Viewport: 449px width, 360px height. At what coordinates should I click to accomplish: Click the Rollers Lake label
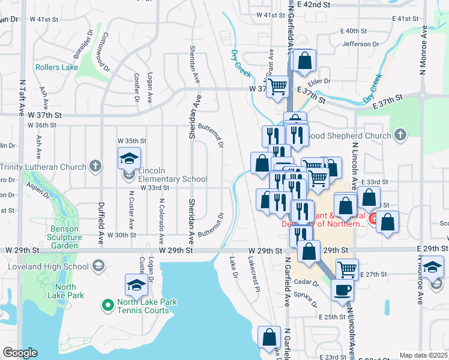coord(56,67)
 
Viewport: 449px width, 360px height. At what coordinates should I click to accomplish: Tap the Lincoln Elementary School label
coord(173,179)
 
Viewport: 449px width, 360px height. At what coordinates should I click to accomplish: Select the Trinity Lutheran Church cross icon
coord(95,165)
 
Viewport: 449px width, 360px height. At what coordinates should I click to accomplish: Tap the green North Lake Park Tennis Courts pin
coord(108,306)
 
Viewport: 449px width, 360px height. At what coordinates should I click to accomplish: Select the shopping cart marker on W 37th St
coord(277,86)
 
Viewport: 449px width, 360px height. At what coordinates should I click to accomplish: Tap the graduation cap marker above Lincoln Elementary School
coord(129,158)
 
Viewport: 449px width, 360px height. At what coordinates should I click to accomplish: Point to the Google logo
coord(20,353)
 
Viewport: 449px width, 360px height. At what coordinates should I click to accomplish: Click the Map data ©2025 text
coord(423,355)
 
